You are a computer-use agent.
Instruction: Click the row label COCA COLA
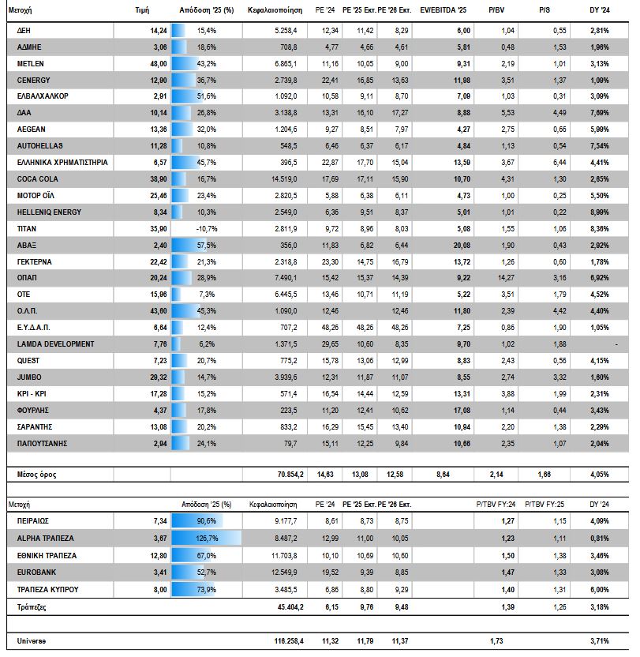tap(38, 179)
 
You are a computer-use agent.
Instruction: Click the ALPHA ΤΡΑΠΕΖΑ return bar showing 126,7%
tap(205, 538)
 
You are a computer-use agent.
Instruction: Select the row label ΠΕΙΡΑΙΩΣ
tap(36, 521)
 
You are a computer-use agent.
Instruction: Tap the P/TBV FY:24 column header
tap(496, 503)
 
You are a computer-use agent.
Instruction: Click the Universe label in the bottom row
tap(32, 640)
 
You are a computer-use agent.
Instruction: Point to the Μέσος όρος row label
tap(37, 475)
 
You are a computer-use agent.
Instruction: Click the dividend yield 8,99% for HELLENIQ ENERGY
tap(600, 212)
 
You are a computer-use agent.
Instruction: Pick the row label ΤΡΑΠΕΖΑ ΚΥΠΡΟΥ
tap(49, 589)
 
